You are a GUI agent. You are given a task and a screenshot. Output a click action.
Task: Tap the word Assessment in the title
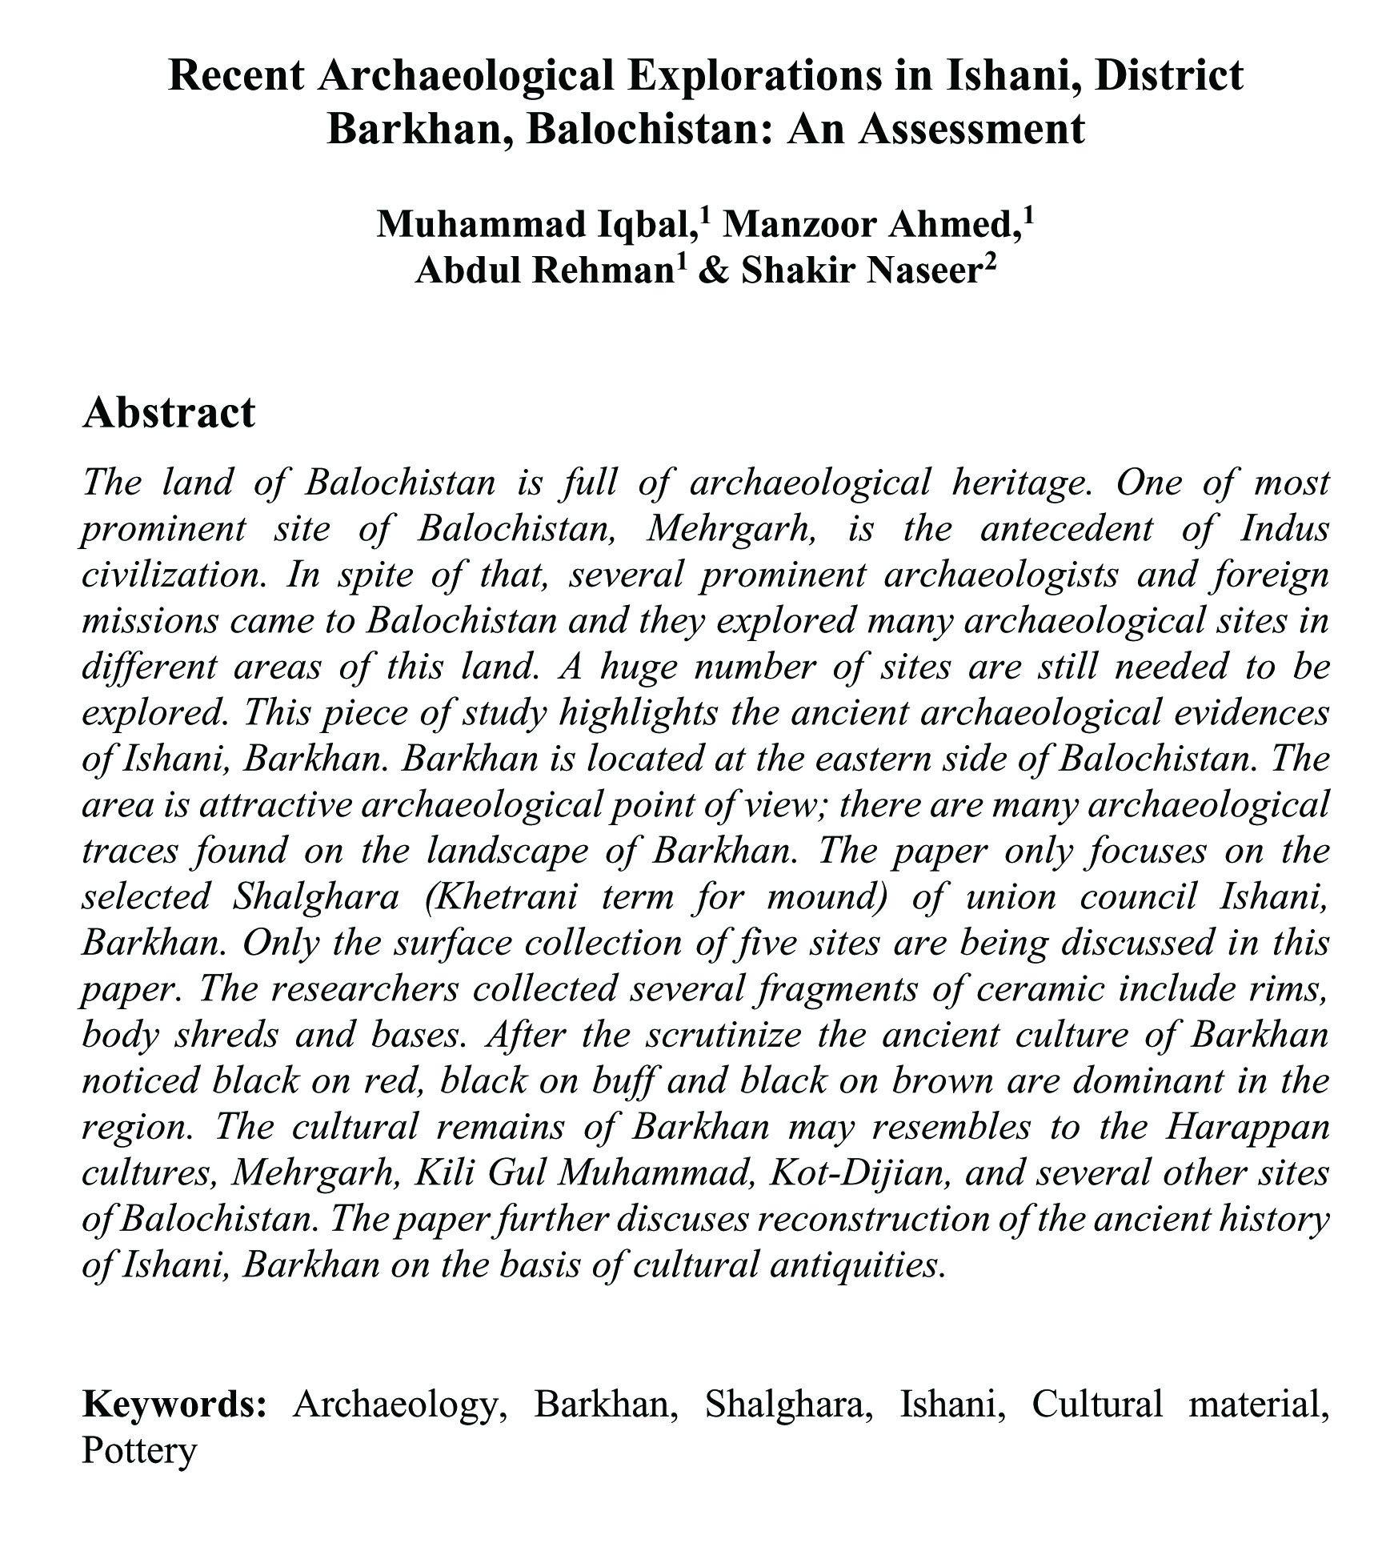point(972,128)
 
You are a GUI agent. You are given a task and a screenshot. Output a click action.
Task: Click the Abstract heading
point(168,413)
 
